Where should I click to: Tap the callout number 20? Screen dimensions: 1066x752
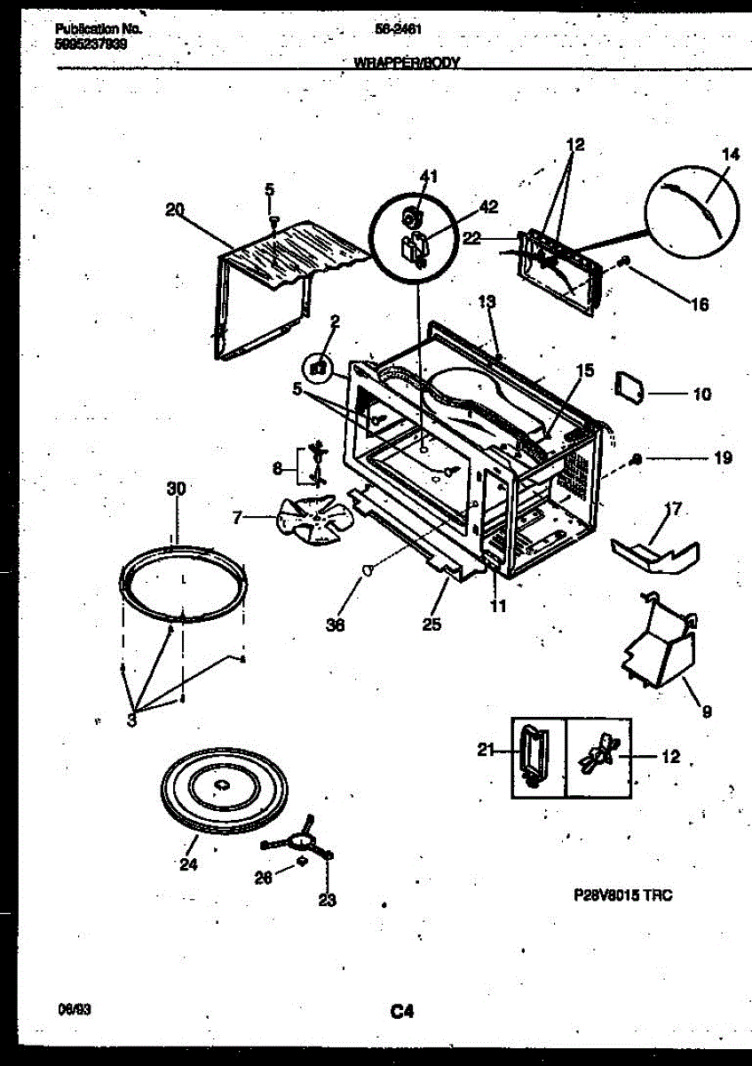coord(174,210)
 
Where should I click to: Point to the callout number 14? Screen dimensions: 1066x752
coord(730,154)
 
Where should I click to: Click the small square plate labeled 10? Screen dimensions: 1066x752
coord(629,386)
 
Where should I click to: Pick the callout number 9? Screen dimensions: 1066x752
coord(706,711)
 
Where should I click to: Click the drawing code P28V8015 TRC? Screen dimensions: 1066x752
coord(622,895)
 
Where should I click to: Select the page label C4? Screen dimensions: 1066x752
coord(401,1010)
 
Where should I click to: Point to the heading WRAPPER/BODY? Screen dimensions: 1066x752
coord(406,63)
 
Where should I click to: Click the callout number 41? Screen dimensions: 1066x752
coord(428,177)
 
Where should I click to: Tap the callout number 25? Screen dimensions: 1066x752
coord(431,624)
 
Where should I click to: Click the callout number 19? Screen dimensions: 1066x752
coord(723,458)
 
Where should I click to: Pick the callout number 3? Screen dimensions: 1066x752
coord(131,720)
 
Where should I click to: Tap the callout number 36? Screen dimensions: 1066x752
coord(335,624)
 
